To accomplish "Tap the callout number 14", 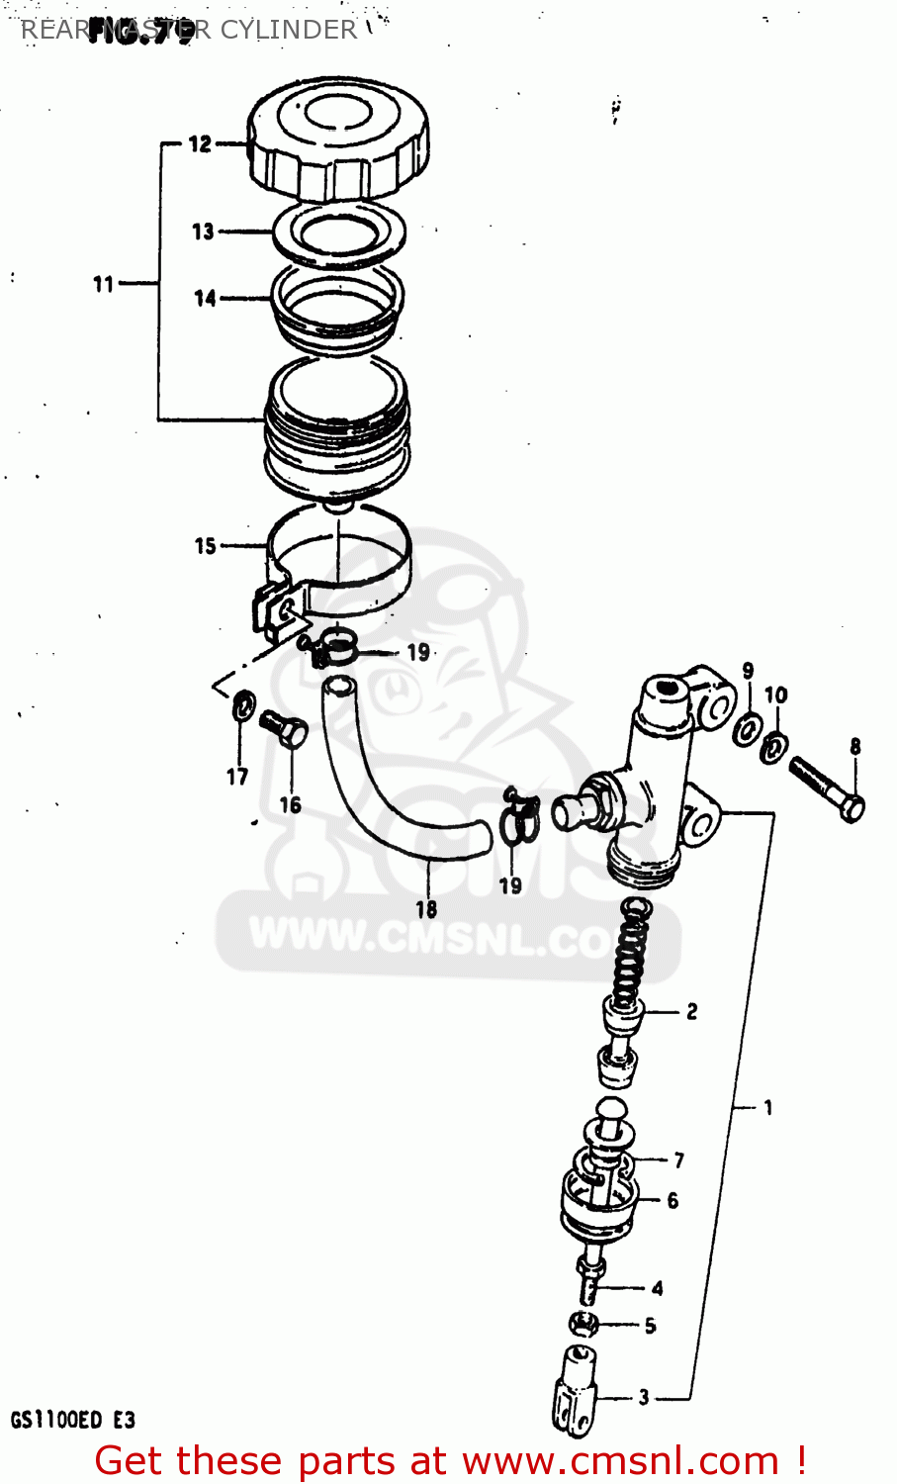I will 205,298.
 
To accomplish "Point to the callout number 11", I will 104,285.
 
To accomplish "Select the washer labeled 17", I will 243,707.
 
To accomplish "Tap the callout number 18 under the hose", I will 426,909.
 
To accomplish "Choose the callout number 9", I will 748,671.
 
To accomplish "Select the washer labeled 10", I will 772,747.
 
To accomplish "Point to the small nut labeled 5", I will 583,1323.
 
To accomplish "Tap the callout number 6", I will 673,1200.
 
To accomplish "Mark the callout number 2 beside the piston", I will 691,1011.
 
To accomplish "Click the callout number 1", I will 768,1107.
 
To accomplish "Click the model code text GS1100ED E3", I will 73,1421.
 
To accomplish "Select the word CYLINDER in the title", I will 288,30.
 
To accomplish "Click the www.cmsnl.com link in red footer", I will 621,1461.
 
